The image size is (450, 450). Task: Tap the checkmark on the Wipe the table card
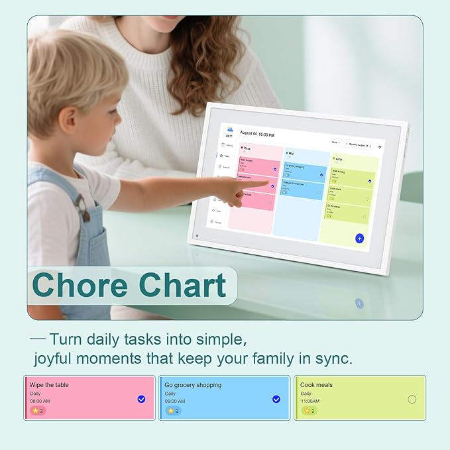coord(141,399)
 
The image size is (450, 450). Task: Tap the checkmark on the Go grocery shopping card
coord(276,399)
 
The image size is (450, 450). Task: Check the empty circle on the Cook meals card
coord(412,399)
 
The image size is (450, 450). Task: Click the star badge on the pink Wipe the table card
coord(38,411)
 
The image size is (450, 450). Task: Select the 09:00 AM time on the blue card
coord(176,401)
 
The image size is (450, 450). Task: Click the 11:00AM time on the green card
coord(309,401)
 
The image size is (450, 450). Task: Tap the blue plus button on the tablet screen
coord(359,238)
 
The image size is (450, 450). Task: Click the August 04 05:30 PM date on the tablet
coord(258,133)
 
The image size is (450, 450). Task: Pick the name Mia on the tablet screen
coord(292,153)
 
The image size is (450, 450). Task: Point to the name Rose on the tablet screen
coord(247,148)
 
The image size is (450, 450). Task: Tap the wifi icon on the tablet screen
coord(380,147)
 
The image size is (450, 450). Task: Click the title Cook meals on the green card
coord(316,384)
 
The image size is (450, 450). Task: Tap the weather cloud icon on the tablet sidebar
coord(230,129)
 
